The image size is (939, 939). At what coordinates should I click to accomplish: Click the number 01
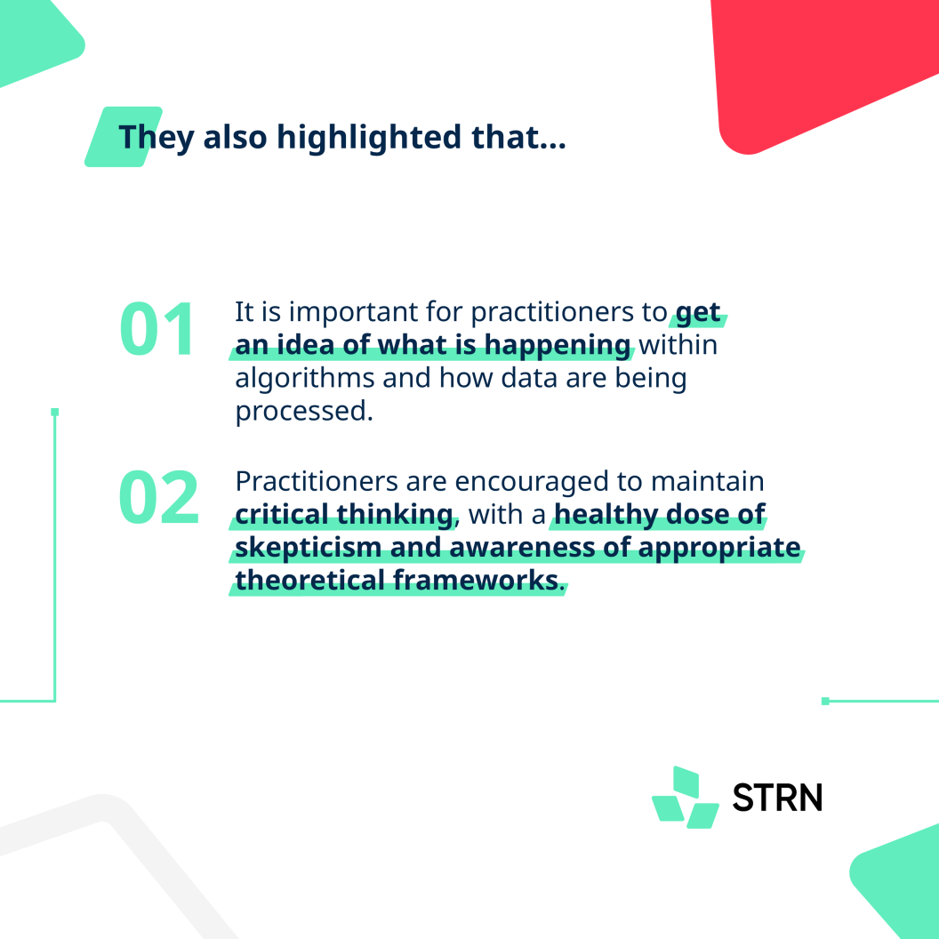156,329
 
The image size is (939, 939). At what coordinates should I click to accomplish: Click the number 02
158,497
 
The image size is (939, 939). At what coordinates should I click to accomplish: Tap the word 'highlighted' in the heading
369,139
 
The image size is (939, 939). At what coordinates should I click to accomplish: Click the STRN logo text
777,798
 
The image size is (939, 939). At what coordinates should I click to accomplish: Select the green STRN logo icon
686,797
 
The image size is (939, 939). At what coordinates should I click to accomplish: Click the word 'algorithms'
304,379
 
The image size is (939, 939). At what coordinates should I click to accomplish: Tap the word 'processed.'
304,412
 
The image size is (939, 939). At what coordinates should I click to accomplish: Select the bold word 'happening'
558,346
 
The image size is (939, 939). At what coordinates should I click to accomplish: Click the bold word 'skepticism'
309,548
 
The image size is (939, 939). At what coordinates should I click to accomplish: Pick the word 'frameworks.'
479,581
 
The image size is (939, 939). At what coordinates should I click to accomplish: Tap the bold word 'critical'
282,515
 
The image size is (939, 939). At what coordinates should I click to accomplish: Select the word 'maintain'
707,481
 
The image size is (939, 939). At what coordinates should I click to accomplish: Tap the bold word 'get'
698,313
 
